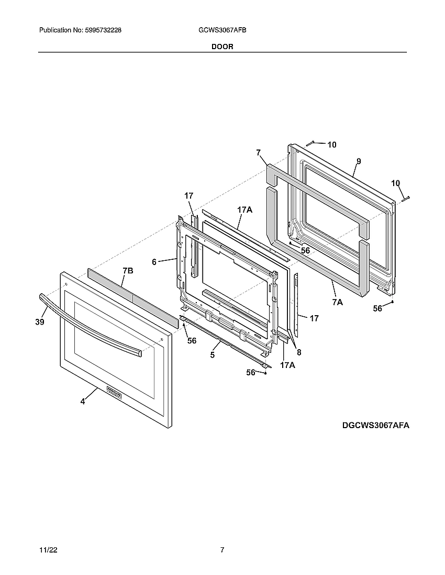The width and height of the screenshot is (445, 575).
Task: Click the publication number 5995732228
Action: click(103, 31)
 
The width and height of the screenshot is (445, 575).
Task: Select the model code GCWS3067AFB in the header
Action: click(222, 31)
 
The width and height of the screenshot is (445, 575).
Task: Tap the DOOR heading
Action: click(222, 47)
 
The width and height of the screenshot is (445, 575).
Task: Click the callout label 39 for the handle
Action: click(40, 323)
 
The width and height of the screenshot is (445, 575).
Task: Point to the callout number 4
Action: click(83, 402)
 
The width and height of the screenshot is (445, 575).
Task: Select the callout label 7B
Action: click(128, 271)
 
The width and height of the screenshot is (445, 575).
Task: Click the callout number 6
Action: click(154, 262)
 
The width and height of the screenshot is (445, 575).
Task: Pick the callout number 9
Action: click(359, 161)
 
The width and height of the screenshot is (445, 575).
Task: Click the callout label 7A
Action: click(337, 302)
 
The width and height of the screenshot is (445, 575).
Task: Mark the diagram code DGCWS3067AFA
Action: click(376, 425)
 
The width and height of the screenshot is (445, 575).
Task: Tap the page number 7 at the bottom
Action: click(222, 550)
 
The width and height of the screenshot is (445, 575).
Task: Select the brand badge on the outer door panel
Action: click(114, 392)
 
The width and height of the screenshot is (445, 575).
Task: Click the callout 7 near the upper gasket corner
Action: click(258, 153)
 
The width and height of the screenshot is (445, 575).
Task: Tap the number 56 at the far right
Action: click(377, 309)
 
